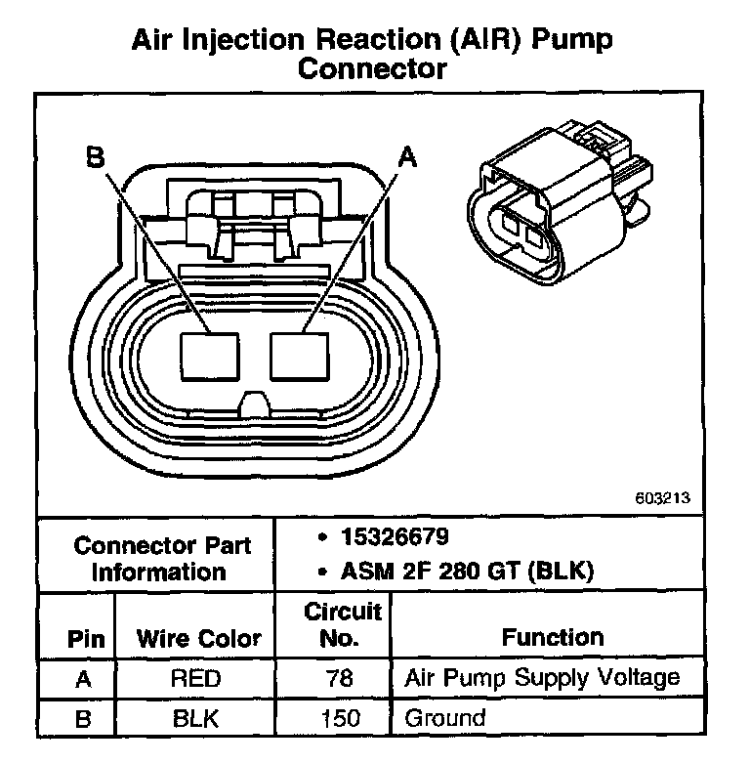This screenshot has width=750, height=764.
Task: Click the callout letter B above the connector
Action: (x=95, y=156)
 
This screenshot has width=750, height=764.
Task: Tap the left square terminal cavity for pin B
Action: (x=211, y=356)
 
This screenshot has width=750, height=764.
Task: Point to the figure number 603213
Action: (x=662, y=497)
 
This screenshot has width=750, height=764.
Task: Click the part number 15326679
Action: (x=395, y=538)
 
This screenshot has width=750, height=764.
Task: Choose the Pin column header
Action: (x=78, y=640)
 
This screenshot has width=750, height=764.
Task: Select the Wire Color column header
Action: (x=198, y=640)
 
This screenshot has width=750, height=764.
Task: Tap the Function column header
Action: (x=552, y=638)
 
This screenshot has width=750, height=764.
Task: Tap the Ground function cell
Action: (x=444, y=719)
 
